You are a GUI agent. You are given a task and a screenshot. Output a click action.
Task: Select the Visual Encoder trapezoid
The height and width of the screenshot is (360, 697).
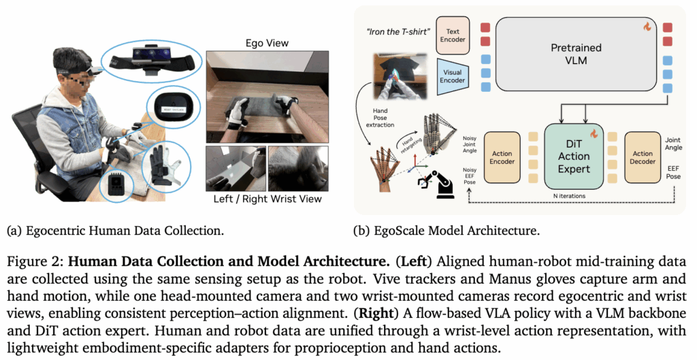451,72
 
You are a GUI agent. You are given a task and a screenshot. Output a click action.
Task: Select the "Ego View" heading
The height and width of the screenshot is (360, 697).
265,44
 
